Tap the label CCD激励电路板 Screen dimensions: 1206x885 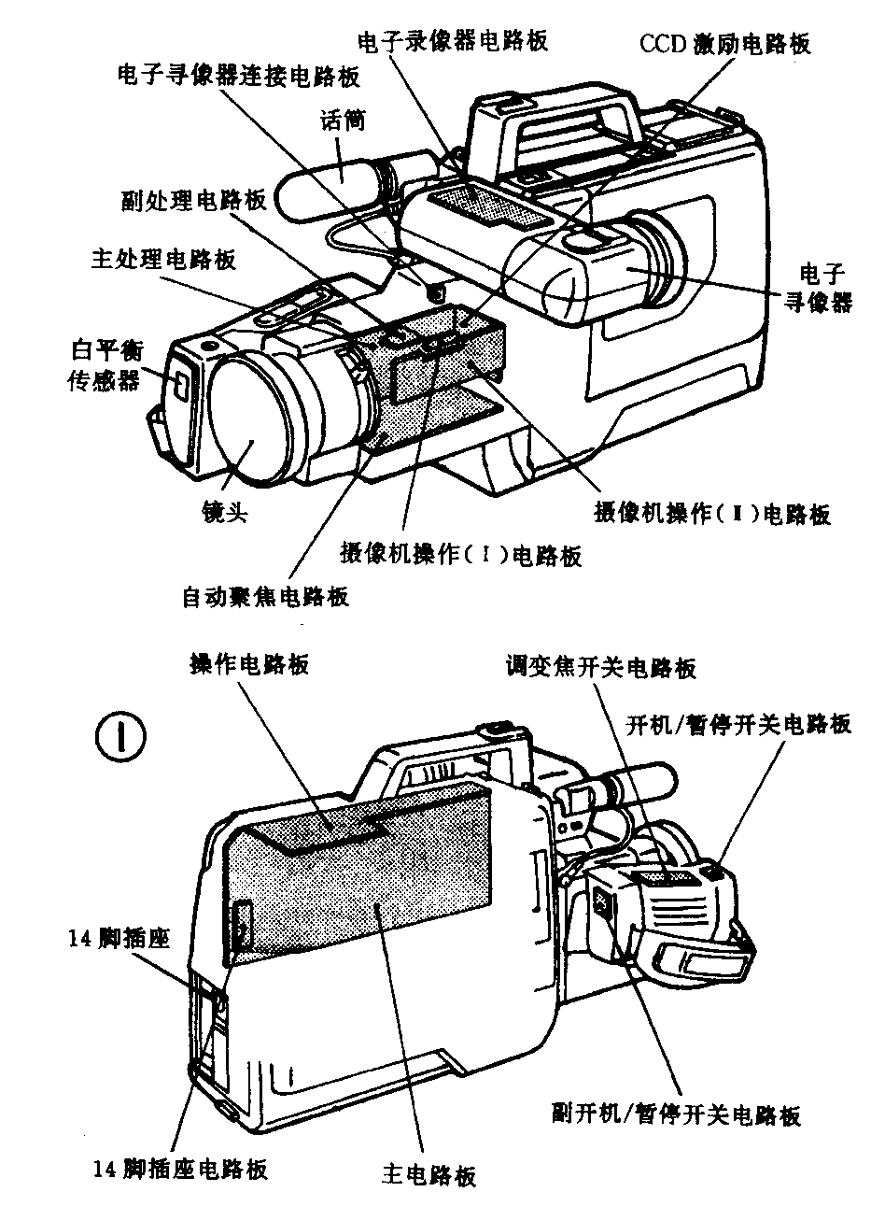(x=724, y=44)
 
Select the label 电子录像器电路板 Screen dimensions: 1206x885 (x=453, y=40)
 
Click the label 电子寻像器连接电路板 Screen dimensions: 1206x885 (x=238, y=76)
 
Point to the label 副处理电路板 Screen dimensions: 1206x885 (x=193, y=201)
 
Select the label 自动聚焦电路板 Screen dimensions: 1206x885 (x=265, y=595)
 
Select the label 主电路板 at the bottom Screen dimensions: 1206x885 (x=429, y=1174)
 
